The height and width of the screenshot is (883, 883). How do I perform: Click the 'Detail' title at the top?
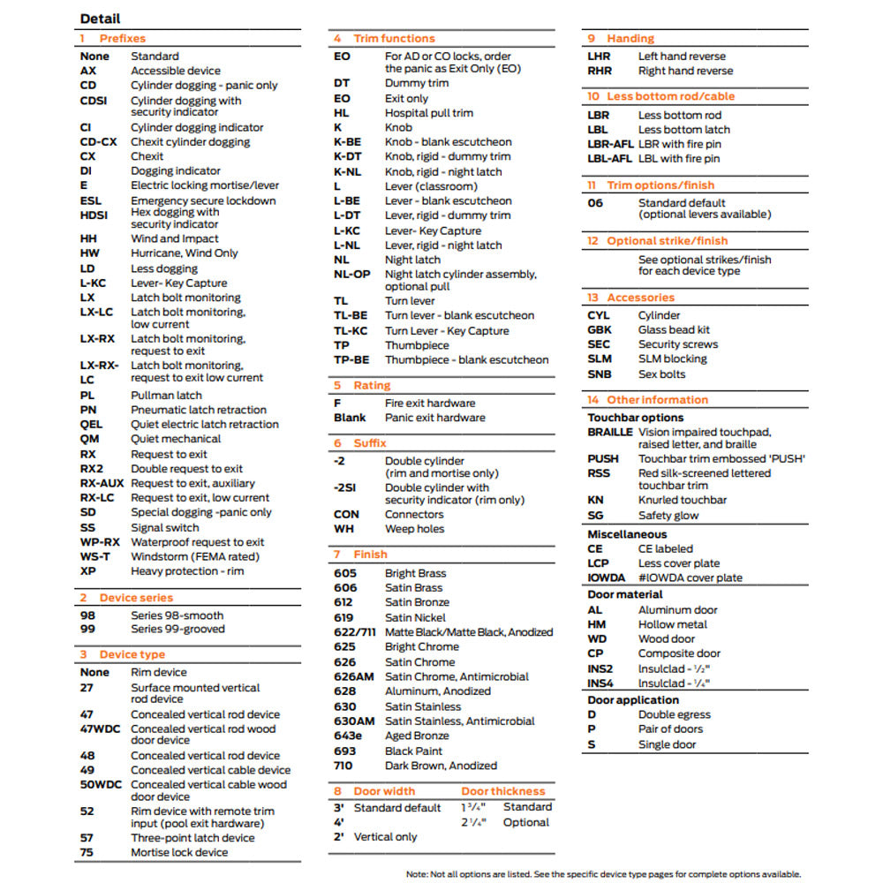[x=100, y=19]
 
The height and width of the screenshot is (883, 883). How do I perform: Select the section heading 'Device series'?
[x=136, y=598]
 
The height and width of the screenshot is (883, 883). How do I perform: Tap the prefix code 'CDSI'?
[x=94, y=101]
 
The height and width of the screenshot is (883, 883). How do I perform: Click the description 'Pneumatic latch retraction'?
[x=199, y=410]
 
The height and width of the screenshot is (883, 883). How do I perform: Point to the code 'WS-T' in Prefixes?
[x=95, y=556]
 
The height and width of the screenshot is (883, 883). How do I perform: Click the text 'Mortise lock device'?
[x=179, y=852]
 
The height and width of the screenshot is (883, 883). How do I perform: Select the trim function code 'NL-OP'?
[x=351, y=275]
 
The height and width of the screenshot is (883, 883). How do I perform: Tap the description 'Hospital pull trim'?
[x=428, y=113]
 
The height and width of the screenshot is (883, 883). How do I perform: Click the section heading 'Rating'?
[x=372, y=386]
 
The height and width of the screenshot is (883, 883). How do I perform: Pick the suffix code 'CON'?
[x=346, y=514]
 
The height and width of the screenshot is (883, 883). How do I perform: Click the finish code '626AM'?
[x=354, y=676]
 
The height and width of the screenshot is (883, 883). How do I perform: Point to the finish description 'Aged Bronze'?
[x=417, y=736]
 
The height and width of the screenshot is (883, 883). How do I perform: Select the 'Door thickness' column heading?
[x=502, y=791]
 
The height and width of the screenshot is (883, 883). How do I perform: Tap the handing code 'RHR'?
[x=600, y=71]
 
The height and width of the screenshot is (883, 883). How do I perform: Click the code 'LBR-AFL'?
[x=610, y=144]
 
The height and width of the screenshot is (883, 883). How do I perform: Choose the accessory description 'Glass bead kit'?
[x=674, y=329]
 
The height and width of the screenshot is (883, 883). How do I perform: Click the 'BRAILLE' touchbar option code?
[x=610, y=433]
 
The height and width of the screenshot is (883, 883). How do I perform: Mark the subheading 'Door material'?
[x=625, y=594]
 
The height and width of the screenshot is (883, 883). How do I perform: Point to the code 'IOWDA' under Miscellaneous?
[x=607, y=577]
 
